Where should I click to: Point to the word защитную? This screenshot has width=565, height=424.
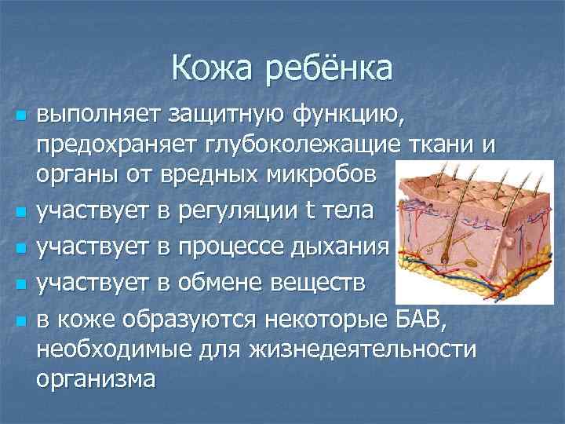pyautogui.click(x=221, y=117)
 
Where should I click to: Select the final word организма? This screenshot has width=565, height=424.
pyautogui.click(x=95, y=378)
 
